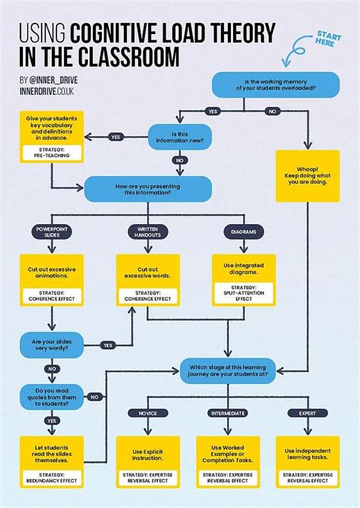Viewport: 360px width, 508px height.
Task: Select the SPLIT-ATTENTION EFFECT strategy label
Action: [x=243, y=293]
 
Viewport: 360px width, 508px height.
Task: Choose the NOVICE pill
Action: [x=147, y=412]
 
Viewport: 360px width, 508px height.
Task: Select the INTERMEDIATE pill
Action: [x=227, y=412]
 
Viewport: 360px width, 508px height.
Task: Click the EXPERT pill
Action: [x=308, y=412]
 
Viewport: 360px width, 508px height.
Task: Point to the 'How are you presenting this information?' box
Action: [x=137, y=188]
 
